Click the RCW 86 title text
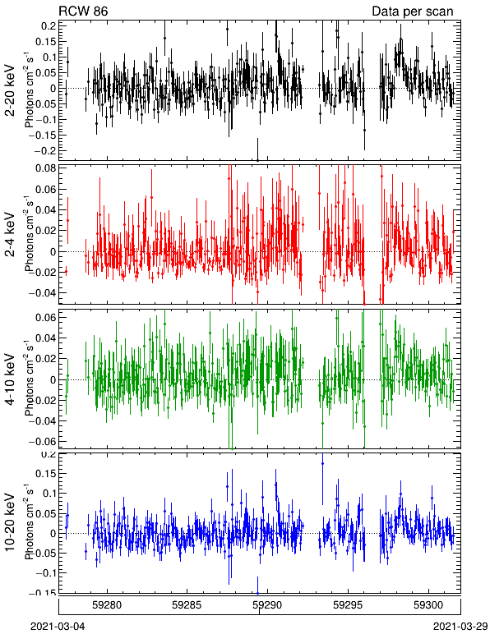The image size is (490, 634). tap(83, 11)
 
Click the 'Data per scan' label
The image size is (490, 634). tap(413, 11)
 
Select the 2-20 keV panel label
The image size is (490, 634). tap(10, 90)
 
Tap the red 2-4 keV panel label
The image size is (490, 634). tap(10, 235)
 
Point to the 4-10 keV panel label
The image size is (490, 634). tap(10, 379)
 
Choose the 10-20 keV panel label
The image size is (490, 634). tap(10, 522)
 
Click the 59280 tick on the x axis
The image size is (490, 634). tap(107, 605)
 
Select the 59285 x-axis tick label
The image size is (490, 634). tap(187, 605)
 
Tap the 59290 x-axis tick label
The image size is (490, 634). tap(267, 605)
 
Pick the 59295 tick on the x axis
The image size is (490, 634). tap(348, 605)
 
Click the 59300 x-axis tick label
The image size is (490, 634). tap(428, 605)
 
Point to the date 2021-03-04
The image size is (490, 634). tap(58, 627)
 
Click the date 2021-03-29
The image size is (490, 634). tap(460, 627)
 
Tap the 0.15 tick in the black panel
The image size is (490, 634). tap(47, 42)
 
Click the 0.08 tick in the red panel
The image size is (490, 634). tap(47, 168)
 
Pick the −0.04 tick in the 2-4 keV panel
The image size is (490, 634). tap(44, 292)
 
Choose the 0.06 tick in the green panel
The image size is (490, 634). tap(47, 317)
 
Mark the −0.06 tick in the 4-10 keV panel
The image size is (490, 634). tap(44, 441)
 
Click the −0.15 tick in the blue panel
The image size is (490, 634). tap(44, 592)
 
